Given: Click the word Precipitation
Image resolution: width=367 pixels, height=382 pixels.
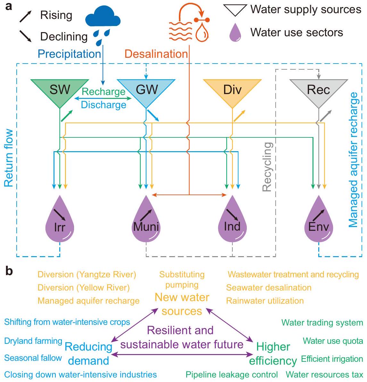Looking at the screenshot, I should pyautogui.click(x=70, y=54).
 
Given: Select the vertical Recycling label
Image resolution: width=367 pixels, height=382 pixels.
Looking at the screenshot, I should pyautogui.click(x=267, y=167).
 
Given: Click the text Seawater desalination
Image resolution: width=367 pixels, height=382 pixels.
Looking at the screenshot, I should pyautogui.click(x=269, y=288).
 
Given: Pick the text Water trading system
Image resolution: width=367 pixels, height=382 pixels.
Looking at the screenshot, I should pyautogui.click(x=322, y=323).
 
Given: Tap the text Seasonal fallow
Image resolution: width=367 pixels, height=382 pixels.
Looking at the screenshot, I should pyautogui.click(x=33, y=358).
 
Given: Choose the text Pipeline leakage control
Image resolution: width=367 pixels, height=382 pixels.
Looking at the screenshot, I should pyautogui.click(x=232, y=375).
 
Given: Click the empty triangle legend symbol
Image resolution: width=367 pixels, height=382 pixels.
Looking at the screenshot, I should pyautogui.click(x=235, y=10).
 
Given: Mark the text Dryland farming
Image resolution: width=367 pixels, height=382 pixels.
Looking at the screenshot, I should pyautogui.click(x=33, y=341).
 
